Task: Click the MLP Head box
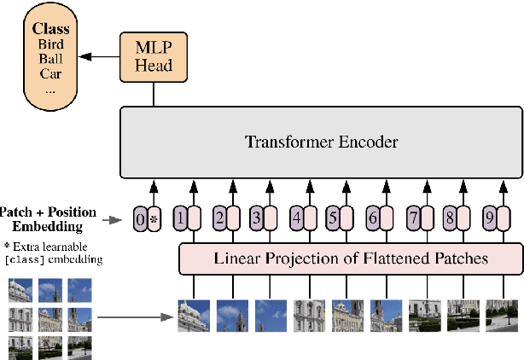tap(153, 57)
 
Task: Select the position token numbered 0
tap(141, 218)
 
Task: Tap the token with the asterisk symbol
tap(154, 218)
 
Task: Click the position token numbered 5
tap(334, 218)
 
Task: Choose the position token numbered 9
tap(489, 218)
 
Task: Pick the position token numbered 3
tap(256, 218)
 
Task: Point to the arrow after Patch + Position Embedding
tap(116, 219)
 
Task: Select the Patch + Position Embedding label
tap(48, 219)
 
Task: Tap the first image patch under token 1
tap(194, 315)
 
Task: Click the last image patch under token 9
tap(501, 315)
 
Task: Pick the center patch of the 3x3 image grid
tap(49, 320)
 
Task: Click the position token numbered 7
tap(411, 218)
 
